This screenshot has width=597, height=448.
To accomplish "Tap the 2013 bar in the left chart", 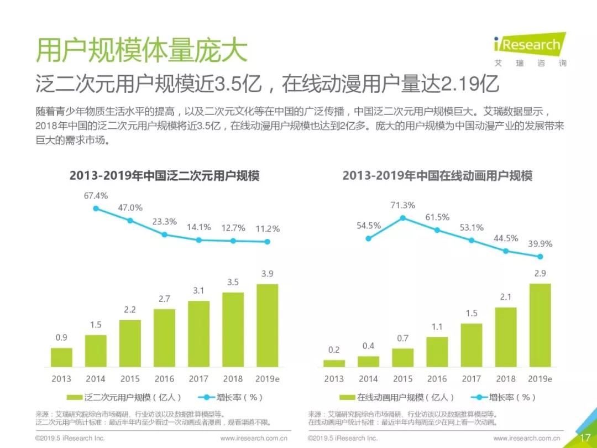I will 61,357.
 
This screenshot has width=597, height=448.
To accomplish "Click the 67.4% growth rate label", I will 96,195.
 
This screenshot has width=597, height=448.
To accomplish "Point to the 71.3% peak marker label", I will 402,205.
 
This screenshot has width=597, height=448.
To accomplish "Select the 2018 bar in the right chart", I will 505,337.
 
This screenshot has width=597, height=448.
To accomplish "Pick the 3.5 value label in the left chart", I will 233,282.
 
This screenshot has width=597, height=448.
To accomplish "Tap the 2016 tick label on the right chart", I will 437,379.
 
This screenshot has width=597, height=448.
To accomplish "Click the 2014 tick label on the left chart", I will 96,379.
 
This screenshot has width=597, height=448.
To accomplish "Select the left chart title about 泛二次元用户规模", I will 164,176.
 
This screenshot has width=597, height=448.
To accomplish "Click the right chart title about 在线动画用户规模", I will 437,176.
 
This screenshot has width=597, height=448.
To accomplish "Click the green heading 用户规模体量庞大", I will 141,51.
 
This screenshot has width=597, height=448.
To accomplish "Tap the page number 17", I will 585,437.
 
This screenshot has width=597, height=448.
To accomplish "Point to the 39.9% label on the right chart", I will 540,243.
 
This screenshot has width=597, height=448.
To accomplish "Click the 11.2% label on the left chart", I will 267,228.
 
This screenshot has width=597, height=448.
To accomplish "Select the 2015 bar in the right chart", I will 402,357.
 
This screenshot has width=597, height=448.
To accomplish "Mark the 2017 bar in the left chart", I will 198,334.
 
